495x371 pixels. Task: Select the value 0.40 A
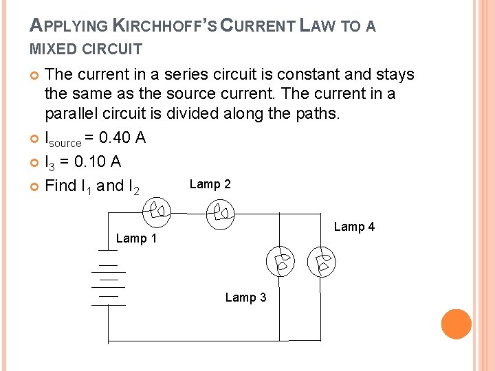click(x=122, y=138)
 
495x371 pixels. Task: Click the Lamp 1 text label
click(x=136, y=238)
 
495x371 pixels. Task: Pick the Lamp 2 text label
click(x=210, y=184)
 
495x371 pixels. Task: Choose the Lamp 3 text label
click(x=245, y=297)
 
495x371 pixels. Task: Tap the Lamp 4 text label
click(x=354, y=227)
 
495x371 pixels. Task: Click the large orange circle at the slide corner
click(x=456, y=324)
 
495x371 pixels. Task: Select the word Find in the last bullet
click(x=60, y=185)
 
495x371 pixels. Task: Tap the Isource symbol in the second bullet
click(x=63, y=139)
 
